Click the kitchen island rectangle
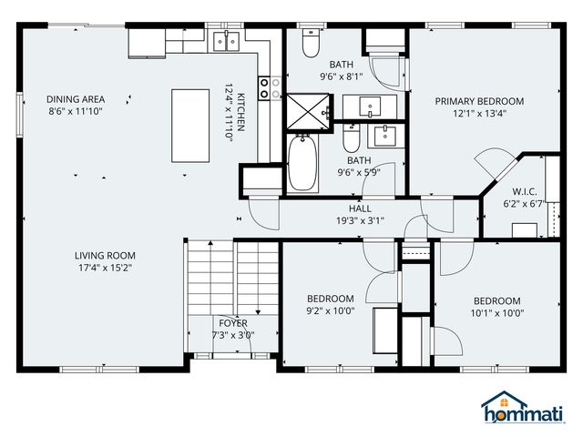click(189, 126)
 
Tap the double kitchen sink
click(226, 41)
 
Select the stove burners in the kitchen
click(271, 87)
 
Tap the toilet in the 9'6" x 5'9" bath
click(352, 139)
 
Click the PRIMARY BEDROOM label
click(479, 101)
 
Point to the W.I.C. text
click(524, 192)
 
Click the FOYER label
click(232, 323)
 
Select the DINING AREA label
click(77, 99)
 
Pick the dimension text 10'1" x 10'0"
click(496, 313)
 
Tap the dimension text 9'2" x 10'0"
click(330, 310)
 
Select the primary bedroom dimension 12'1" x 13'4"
click(479, 114)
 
